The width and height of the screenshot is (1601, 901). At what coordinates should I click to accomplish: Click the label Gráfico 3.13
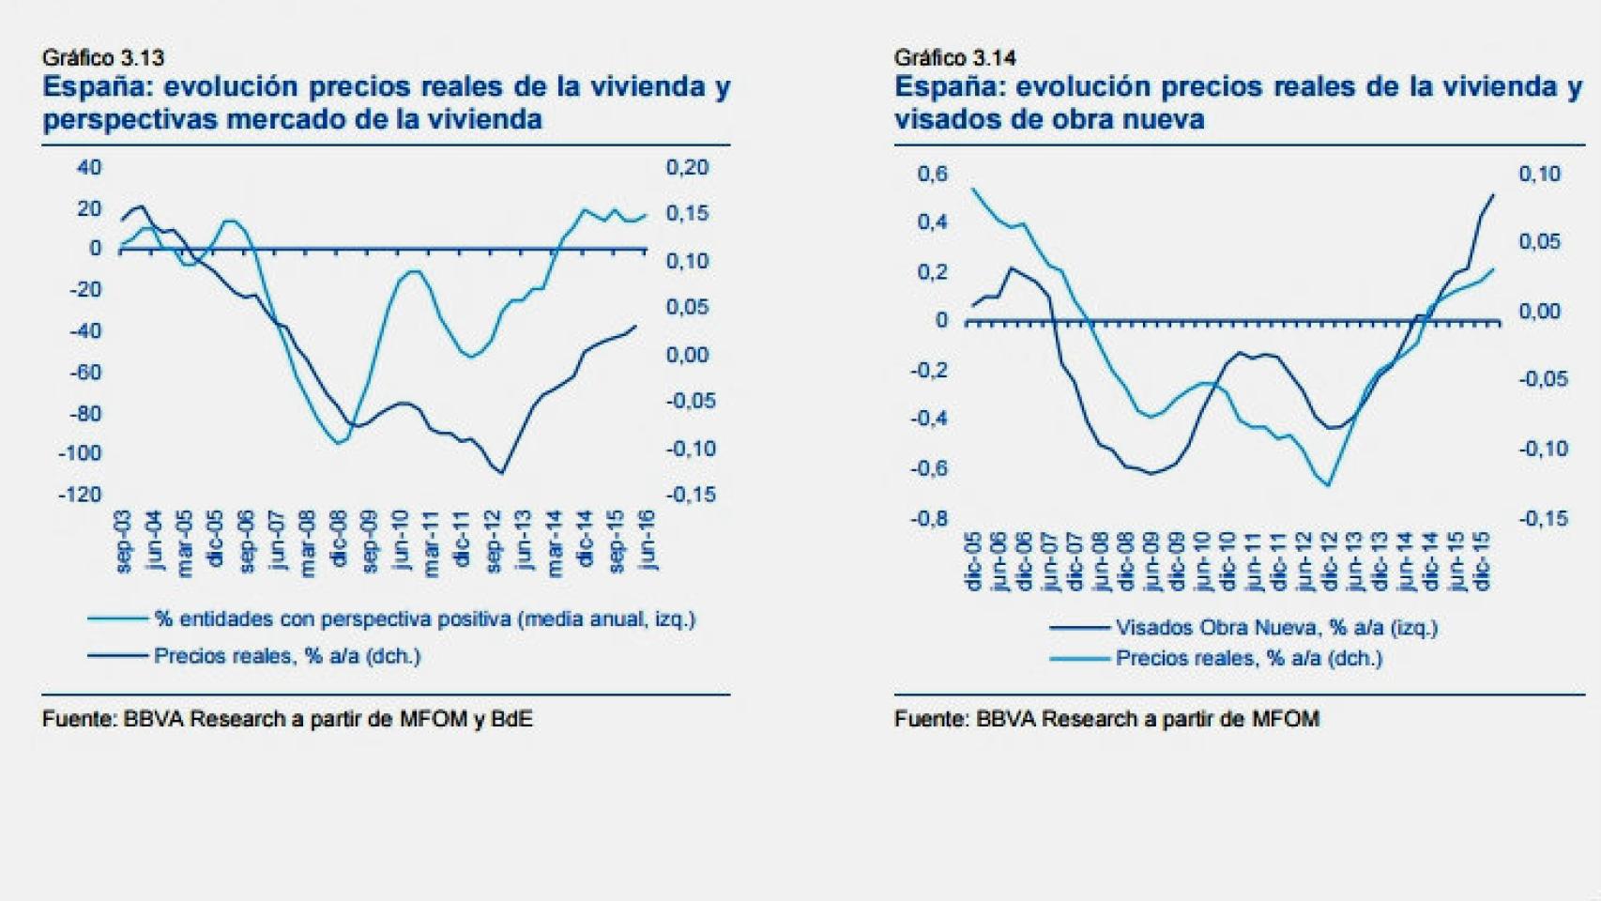click(x=103, y=58)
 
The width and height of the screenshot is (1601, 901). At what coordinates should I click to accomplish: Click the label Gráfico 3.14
click(x=954, y=58)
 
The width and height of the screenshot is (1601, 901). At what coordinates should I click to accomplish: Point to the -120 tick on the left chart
click(x=80, y=495)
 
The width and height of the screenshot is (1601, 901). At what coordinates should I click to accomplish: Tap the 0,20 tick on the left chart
click(x=687, y=168)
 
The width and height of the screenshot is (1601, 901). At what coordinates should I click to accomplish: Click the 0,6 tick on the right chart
click(x=932, y=175)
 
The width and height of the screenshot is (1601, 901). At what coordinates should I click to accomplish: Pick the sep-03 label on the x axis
click(x=123, y=542)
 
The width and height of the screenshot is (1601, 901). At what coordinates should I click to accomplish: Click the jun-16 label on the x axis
click(x=647, y=542)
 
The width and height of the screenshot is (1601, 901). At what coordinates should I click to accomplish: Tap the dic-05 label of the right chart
click(x=973, y=560)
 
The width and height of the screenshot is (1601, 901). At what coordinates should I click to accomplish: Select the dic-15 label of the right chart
click(x=1483, y=560)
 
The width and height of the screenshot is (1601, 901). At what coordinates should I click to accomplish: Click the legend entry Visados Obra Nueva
click(x=1275, y=628)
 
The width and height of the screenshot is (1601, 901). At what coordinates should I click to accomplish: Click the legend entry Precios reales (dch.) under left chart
click(x=286, y=656)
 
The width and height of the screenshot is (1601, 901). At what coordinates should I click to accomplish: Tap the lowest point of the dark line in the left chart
click(x=501, y=473)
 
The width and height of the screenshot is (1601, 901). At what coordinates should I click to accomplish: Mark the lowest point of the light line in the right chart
click(x=1328, y=485)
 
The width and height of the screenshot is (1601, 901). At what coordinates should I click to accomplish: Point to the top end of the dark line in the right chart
click(x=1493, y=195)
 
